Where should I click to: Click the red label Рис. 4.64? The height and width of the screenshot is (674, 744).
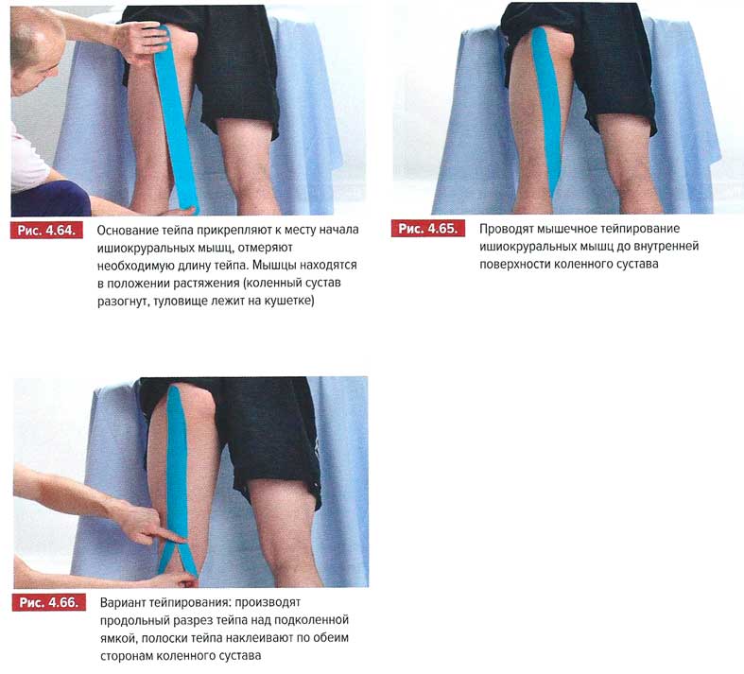tap(46, 231)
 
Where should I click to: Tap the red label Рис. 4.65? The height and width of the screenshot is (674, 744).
tap(428, 229)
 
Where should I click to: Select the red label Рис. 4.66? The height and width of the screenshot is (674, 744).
tap(49, 602)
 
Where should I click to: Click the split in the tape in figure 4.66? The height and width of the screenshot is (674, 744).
tap(178, 545)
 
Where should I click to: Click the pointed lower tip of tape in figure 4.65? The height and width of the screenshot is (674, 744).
tap(554, 197)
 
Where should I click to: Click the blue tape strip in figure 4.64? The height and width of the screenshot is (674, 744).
tap(176, 118)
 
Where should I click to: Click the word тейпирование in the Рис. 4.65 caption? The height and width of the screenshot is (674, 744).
tap(642, 229)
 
